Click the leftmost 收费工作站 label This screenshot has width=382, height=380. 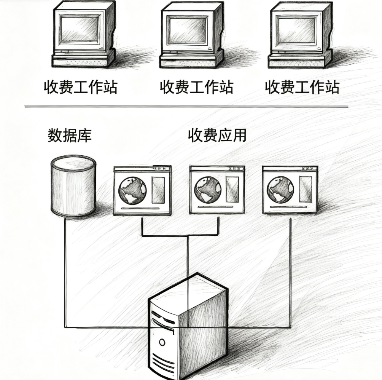click(x=80, y=87)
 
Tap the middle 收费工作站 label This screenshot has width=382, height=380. click(x=196, y=87)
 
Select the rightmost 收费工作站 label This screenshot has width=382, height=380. click(x=302, y=87)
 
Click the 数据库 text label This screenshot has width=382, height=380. click(x=70, y=135)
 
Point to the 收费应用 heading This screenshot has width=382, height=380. click(x=217, y=135)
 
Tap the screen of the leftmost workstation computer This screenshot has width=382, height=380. click(x=80, y=29)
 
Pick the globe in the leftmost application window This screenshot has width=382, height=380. click(x=132, y=190)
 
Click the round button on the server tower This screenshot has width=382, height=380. click(x=162, y=342)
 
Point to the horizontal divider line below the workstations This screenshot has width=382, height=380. click(x=186, y=106)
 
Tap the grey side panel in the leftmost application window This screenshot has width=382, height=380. click(x=158, y=190)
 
